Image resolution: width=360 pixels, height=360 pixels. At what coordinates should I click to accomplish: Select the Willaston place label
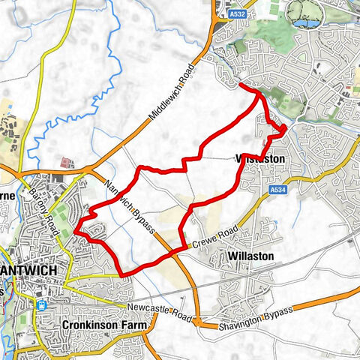[x=251, y=256]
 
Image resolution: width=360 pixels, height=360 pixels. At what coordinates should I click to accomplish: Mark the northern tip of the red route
[x=241, y=87]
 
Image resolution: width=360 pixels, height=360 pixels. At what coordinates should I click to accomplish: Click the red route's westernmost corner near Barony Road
[x=76, y=234]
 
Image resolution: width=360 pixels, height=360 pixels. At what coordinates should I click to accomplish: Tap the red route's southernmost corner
[x=122, y=274]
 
